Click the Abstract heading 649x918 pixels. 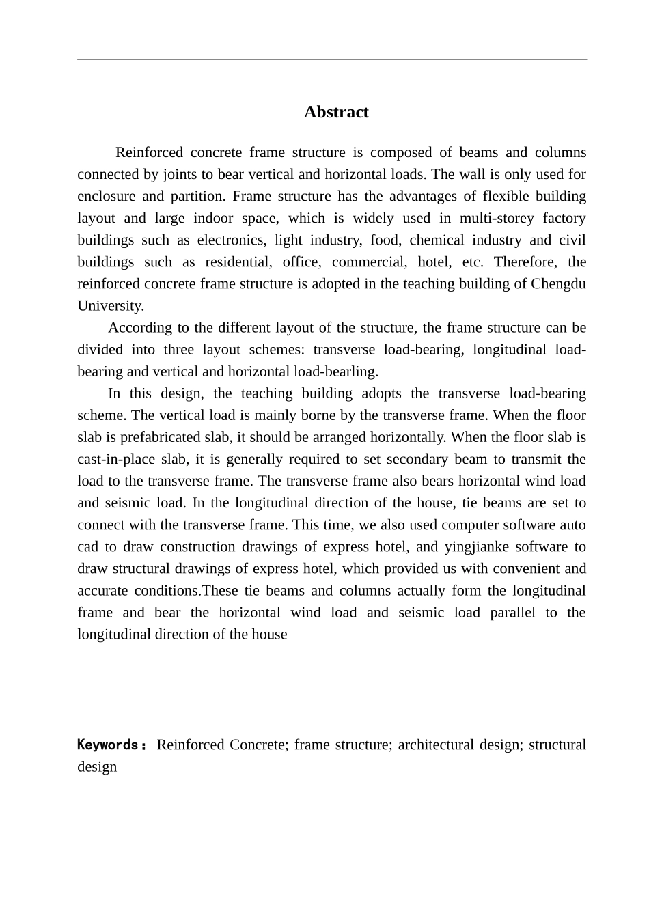pos(336,112)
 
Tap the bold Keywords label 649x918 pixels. pos(111,745)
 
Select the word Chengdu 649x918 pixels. pos(558,283)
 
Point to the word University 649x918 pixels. pos(110,305)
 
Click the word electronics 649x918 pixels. pos(231,240)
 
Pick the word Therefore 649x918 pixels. pos(525,262)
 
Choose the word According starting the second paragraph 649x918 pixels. pos(140,327)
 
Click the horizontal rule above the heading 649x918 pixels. pos(332,59)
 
